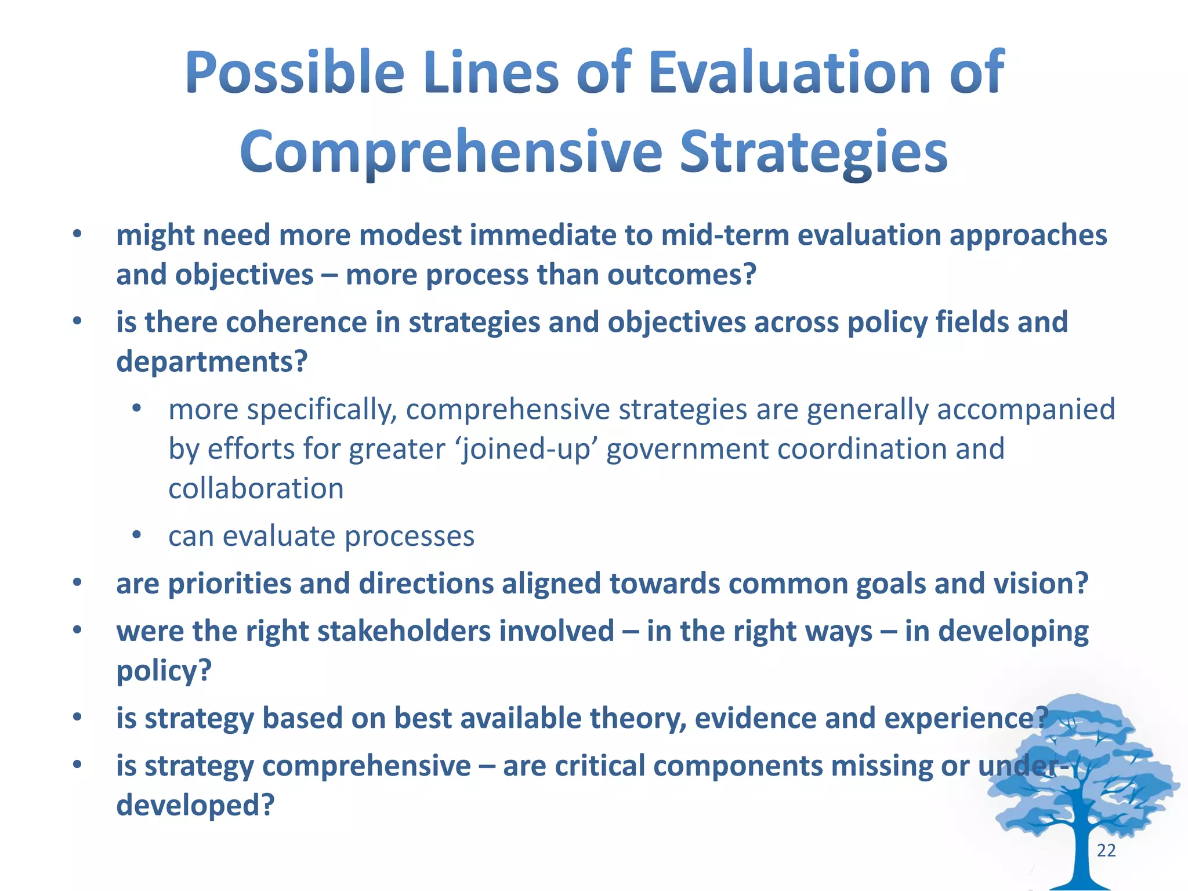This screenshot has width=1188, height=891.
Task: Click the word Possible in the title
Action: tap(294, 74)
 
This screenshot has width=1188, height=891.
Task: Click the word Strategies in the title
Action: tap(813, 153)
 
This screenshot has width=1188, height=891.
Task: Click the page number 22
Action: tap(1106, 850)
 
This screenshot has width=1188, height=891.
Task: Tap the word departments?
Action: tap(212, 362)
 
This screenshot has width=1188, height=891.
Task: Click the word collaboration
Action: tap(256, 488)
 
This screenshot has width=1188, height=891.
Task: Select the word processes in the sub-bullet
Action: tap(410, 536)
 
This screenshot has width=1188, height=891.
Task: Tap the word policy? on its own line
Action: tap(164, 671)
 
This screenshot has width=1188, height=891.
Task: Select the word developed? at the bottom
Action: tap(195, 805)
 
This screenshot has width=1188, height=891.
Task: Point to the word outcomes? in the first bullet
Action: tap(682, 275)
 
